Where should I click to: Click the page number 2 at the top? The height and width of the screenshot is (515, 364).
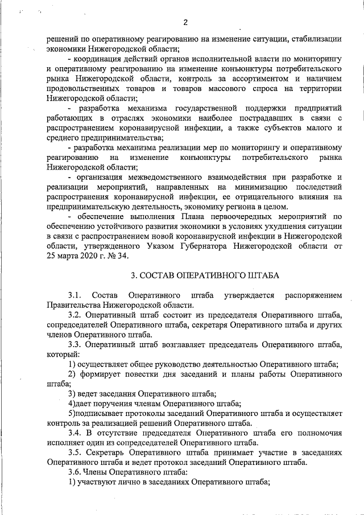coord(185,23)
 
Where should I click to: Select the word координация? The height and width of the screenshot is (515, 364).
coord(100,59)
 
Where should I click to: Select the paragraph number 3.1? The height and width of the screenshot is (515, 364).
coord(75,295)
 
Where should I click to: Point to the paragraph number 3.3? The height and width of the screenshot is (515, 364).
coord(75,345)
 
